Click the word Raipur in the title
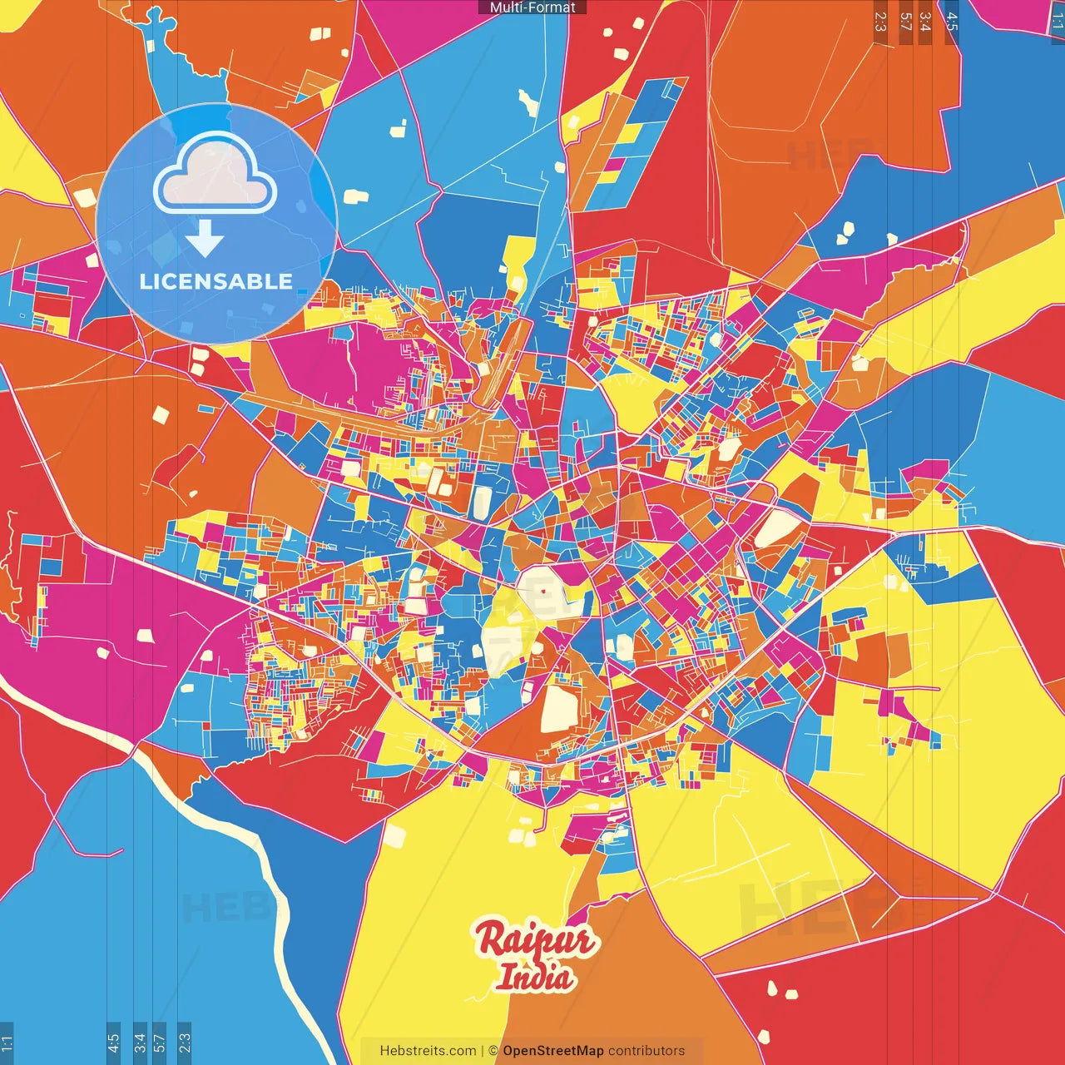coord(536,940)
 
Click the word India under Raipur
coord(535,977)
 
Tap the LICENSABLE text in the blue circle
coord(216,281)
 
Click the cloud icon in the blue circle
coord(215,173)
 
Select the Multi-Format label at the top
coord(532,7)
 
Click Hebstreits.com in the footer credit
coord(428,1051)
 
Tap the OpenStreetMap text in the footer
coord(553,1051)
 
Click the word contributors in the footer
coord(646,1051)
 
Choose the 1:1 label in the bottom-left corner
coord(7,1043)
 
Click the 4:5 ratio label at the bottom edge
coord(113,1043)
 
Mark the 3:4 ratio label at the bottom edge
coord(140,1043)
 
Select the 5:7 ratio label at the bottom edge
coord(160,1043)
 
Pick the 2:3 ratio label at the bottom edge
coord(185,1043)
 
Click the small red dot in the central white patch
coord(542,591)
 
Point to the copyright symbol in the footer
coord(493,1051)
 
